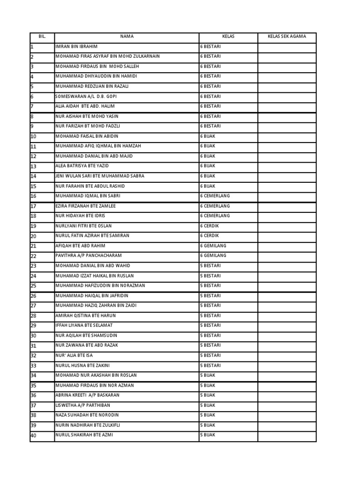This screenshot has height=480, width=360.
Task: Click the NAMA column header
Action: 127,37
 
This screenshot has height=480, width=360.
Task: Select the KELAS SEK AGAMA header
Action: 287,37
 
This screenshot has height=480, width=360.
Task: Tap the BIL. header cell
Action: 42,37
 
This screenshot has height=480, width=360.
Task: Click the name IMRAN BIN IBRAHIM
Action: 76,46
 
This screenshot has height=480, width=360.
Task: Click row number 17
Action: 33,206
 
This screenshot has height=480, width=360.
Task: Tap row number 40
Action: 33,435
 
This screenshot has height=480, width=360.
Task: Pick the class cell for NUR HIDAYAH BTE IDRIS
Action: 215,216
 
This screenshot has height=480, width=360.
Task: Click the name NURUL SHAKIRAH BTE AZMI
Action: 84,435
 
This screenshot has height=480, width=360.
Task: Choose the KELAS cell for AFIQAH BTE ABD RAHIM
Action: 213,246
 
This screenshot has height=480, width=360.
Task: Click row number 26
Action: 33,296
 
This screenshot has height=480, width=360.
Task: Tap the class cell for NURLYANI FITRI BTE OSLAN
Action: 210,226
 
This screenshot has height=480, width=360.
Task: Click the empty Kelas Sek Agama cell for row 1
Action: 287,46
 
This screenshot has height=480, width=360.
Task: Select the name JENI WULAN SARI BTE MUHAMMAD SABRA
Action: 100,176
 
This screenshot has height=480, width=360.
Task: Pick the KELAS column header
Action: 228,37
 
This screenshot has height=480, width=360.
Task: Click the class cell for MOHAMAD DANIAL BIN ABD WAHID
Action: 211,266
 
